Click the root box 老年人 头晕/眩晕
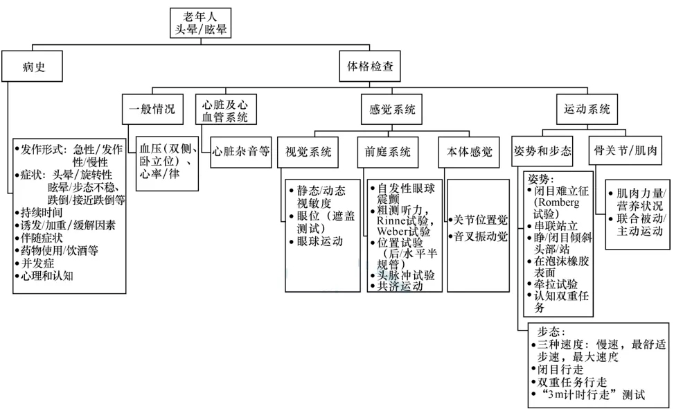click(200, 23)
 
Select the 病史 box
click(33, 67)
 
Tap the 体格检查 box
click(370, 67)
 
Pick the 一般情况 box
click(152, 110)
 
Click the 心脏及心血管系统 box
click(226, 110)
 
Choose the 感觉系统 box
click(391, 110)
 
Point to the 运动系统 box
click(587, 110)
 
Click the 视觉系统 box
click(308, 152)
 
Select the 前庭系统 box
click(388, 152)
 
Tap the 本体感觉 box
click(468, 152)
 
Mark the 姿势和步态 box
click(542, 151)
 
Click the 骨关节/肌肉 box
click(625, 150)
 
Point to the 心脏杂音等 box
click(241, 152)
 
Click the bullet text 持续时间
click(42, 212)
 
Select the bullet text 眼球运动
click(319, 241)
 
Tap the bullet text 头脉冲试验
click(406, 275)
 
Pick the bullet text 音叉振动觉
click(481, 236)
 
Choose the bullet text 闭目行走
click(560, 369)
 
